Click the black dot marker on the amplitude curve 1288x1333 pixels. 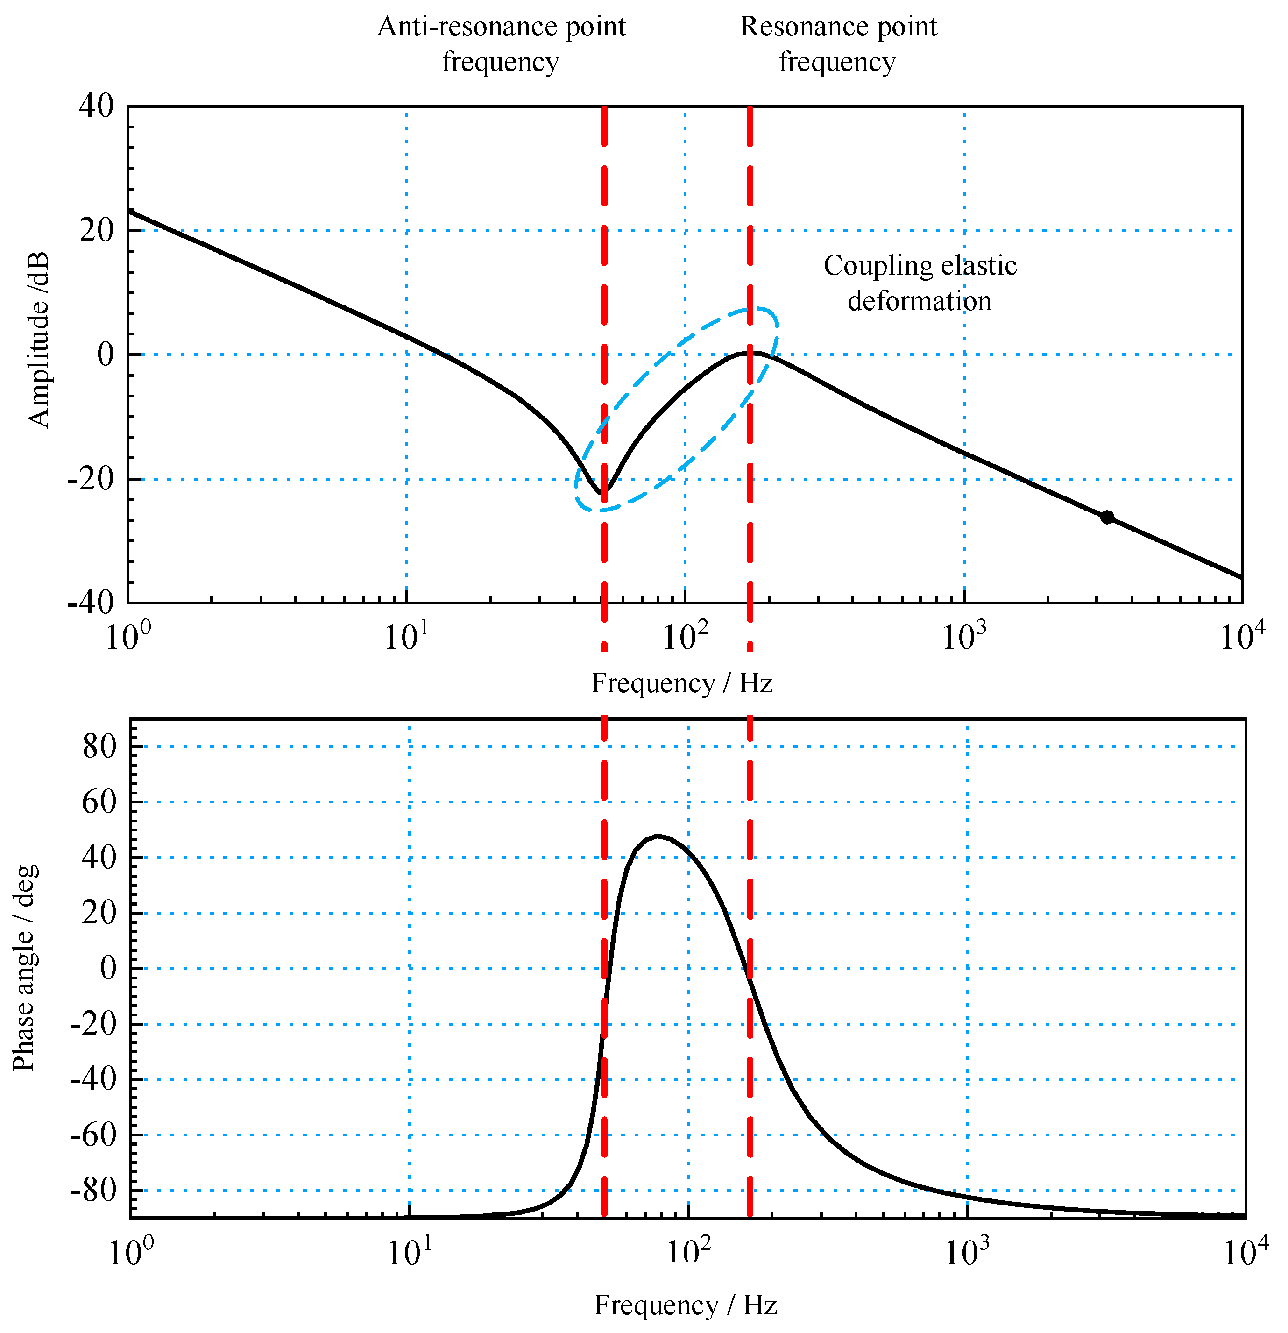click(x=1107, y=517)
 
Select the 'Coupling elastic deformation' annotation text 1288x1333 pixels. click(x=920, y=283)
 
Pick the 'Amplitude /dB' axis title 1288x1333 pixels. click(x=39, y=340)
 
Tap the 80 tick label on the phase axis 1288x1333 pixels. click(x=99, y=747)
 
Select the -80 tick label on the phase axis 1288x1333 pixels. click(x=94, y=1190)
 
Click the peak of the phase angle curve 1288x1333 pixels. click(x=657, y=836)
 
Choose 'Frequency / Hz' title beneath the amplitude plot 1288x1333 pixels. click(x=681, y=683)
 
